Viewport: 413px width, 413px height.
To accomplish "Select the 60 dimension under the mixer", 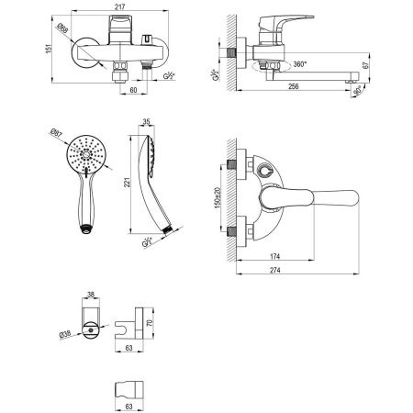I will [134, 92].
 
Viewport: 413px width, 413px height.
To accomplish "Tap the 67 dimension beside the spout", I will [366, 67].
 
